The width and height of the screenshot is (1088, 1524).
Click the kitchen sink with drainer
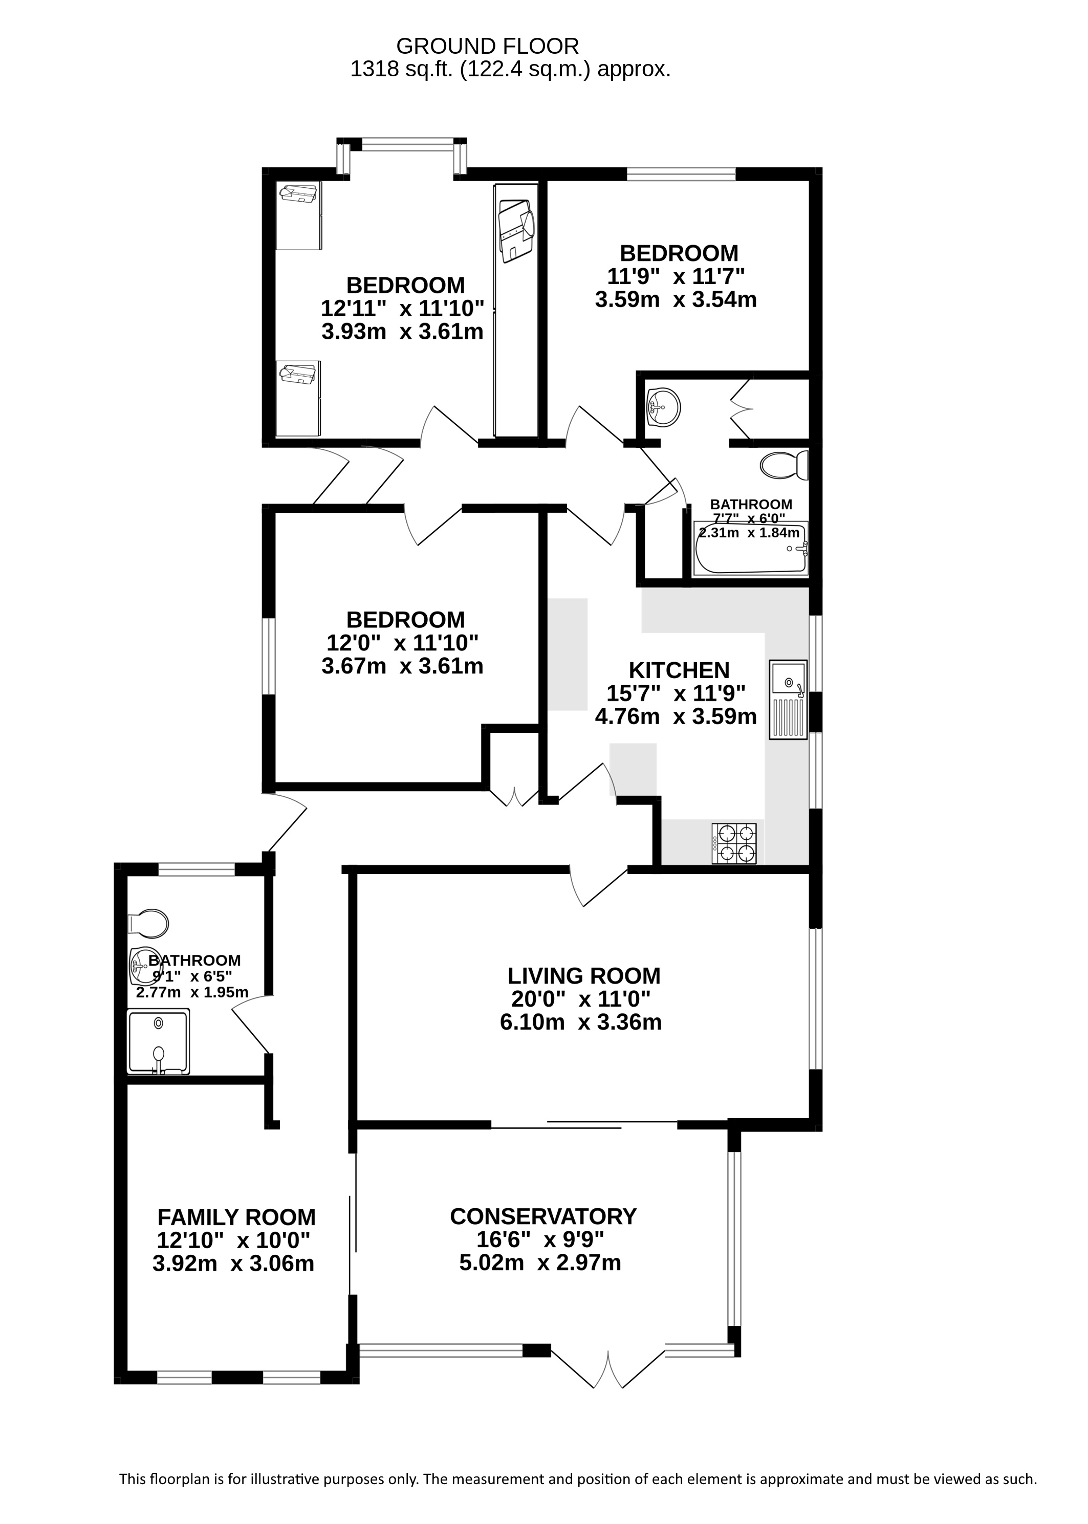click(789, 700)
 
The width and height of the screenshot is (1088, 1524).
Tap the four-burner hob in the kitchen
click(734, 844)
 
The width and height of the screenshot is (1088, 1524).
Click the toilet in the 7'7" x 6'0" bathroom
click(785, 465)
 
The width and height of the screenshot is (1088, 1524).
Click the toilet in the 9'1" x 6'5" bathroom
click(148, 923)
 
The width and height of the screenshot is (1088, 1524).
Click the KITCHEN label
click(679, 670)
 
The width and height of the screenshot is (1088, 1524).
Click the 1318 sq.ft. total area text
click(511, 69)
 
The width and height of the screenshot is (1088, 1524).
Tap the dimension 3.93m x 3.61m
click(403, 332)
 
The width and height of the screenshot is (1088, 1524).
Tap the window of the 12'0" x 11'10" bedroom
click(269, 656)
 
